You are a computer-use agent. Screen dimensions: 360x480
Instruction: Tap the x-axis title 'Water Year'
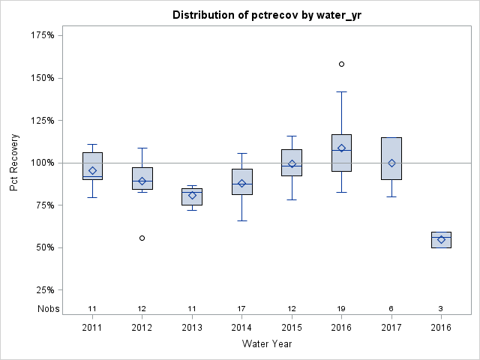[x=266, y=344]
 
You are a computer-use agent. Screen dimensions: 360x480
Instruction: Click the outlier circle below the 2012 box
[x=142, y=238]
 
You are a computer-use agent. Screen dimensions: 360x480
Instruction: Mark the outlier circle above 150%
[x=341, y=64]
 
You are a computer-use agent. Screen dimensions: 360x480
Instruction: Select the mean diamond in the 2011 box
[x=92, y=170]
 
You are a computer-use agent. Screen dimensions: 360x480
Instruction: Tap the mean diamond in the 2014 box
[x=241, y=183]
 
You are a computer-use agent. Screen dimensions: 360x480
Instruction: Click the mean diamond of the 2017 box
[x=391, y=163]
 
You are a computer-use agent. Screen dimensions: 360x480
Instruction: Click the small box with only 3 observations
[x=441, y=239]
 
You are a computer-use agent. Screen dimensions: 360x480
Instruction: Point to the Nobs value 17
[x=241, y=308]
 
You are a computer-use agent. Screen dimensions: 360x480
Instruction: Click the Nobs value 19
[x=341, y=308]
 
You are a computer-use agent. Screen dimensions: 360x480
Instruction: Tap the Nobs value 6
[x=391, y=308]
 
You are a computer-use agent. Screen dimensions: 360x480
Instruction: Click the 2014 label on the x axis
[x=241, y=328]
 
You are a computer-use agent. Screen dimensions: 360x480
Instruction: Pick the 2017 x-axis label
[x=391, y=328]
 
